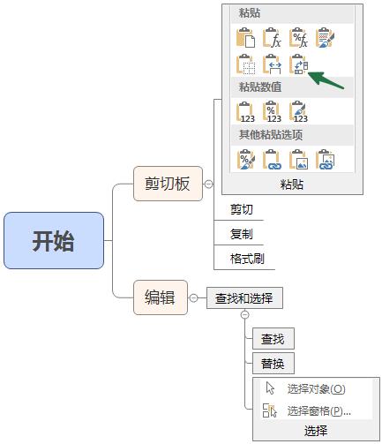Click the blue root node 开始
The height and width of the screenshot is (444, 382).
pyautogui.click(x=54, y=240)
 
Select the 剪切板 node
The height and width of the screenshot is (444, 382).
pyautogui.click(x=167, y=184)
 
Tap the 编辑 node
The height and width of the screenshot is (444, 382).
pyautogui.click(x=160, y=297)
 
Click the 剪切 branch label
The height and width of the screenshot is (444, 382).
pyautogui.click(x=241, y=210)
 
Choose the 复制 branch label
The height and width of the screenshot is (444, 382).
pyautogui.click(x=241, y=234)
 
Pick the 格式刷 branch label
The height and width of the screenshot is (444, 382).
pyautogui.click(x=246, y=259)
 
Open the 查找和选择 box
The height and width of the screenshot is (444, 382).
pyautogui.click(x=244, y=298)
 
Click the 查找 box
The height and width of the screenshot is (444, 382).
pyautogui.click(x=272, y=339)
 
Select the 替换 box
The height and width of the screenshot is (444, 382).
pyautogui.click(x=272, y=364)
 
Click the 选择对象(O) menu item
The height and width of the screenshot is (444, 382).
pyautogui.click(x=316, y=388)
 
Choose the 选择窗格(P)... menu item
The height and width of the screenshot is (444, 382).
pyautogui.click(x=318, y=410)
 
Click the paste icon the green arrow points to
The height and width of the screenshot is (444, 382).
pyautogui.click(x=299, y=65)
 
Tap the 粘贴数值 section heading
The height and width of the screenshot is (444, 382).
pyautogui.click(x=260, y=87)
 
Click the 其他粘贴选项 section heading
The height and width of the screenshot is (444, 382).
pyautogui.click(x=271, y=134)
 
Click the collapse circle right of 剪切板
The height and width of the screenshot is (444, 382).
pyautogui.click(x=208, y=184)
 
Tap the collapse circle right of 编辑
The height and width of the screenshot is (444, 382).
pyautogui.click(x=193, y=298)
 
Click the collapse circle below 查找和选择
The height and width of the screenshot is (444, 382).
pyautogui.click(x=245, y=314)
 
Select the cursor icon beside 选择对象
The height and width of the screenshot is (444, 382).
pyautogui.click(x=271, y=388)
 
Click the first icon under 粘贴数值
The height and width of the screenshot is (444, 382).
pyautogui.click(x=246, y=111)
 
